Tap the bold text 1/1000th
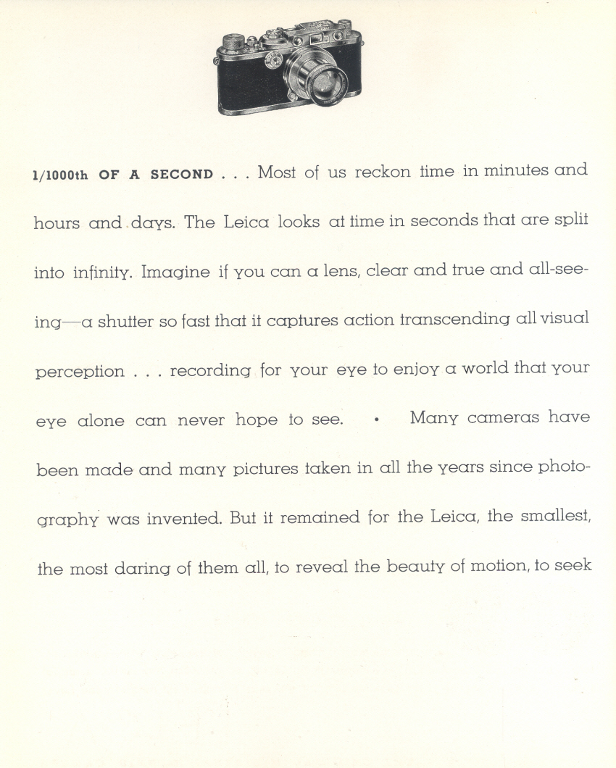pyautogui.click(x=60, y=175)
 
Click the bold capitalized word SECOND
pyautogui.click(x=182, y=175)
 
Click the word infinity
pyautogui.click(x=103, y=273)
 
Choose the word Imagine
pyautogui.click(x=175, y=273)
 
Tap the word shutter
pyautogui.click(x=125, y=321)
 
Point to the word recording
pyautogui.click(x=210, y=371)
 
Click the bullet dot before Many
pyautogui.click(x=377, y=419)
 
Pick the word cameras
pyautogui.click(x=502, y=418)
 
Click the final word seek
pyautogui.click(x=573, y=565)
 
